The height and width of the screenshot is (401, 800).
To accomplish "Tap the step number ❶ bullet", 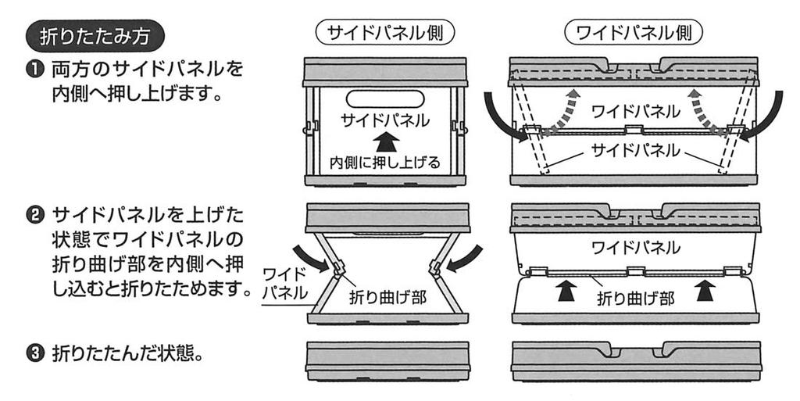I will tap(37, 70).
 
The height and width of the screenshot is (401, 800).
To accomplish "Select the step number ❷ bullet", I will tap(37, 215).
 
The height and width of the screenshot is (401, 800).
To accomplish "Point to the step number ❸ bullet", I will tap(37, 353).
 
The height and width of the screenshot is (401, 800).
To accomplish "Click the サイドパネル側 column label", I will tap(385, 34).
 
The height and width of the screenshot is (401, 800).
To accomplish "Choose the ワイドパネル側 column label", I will tap(634, 34).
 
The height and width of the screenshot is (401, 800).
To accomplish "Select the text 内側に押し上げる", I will tap(385, 163).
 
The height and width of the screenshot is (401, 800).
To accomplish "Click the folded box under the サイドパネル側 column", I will tap(387, 360).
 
